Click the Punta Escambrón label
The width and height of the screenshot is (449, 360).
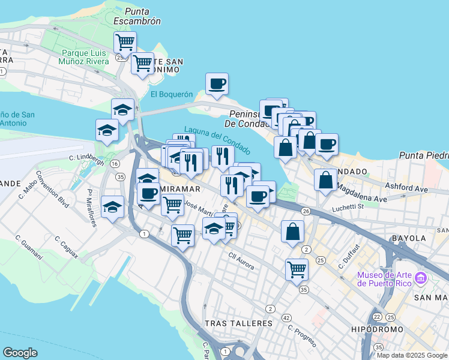tap(143, 16)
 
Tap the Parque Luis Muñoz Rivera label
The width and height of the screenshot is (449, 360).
tap(84, 57)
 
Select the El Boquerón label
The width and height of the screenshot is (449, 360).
tap(172, 94)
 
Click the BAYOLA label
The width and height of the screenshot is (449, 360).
tap(408, 238)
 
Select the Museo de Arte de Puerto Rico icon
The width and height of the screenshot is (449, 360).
tap(420, 279)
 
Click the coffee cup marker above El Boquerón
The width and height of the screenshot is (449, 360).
tap(217, 84)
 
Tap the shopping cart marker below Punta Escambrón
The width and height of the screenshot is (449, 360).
tap(125, 43)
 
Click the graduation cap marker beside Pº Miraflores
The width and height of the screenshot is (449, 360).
tap(112, 208)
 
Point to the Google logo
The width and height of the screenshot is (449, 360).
tap(20, 353)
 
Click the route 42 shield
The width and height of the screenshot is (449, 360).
tap(287, 317)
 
